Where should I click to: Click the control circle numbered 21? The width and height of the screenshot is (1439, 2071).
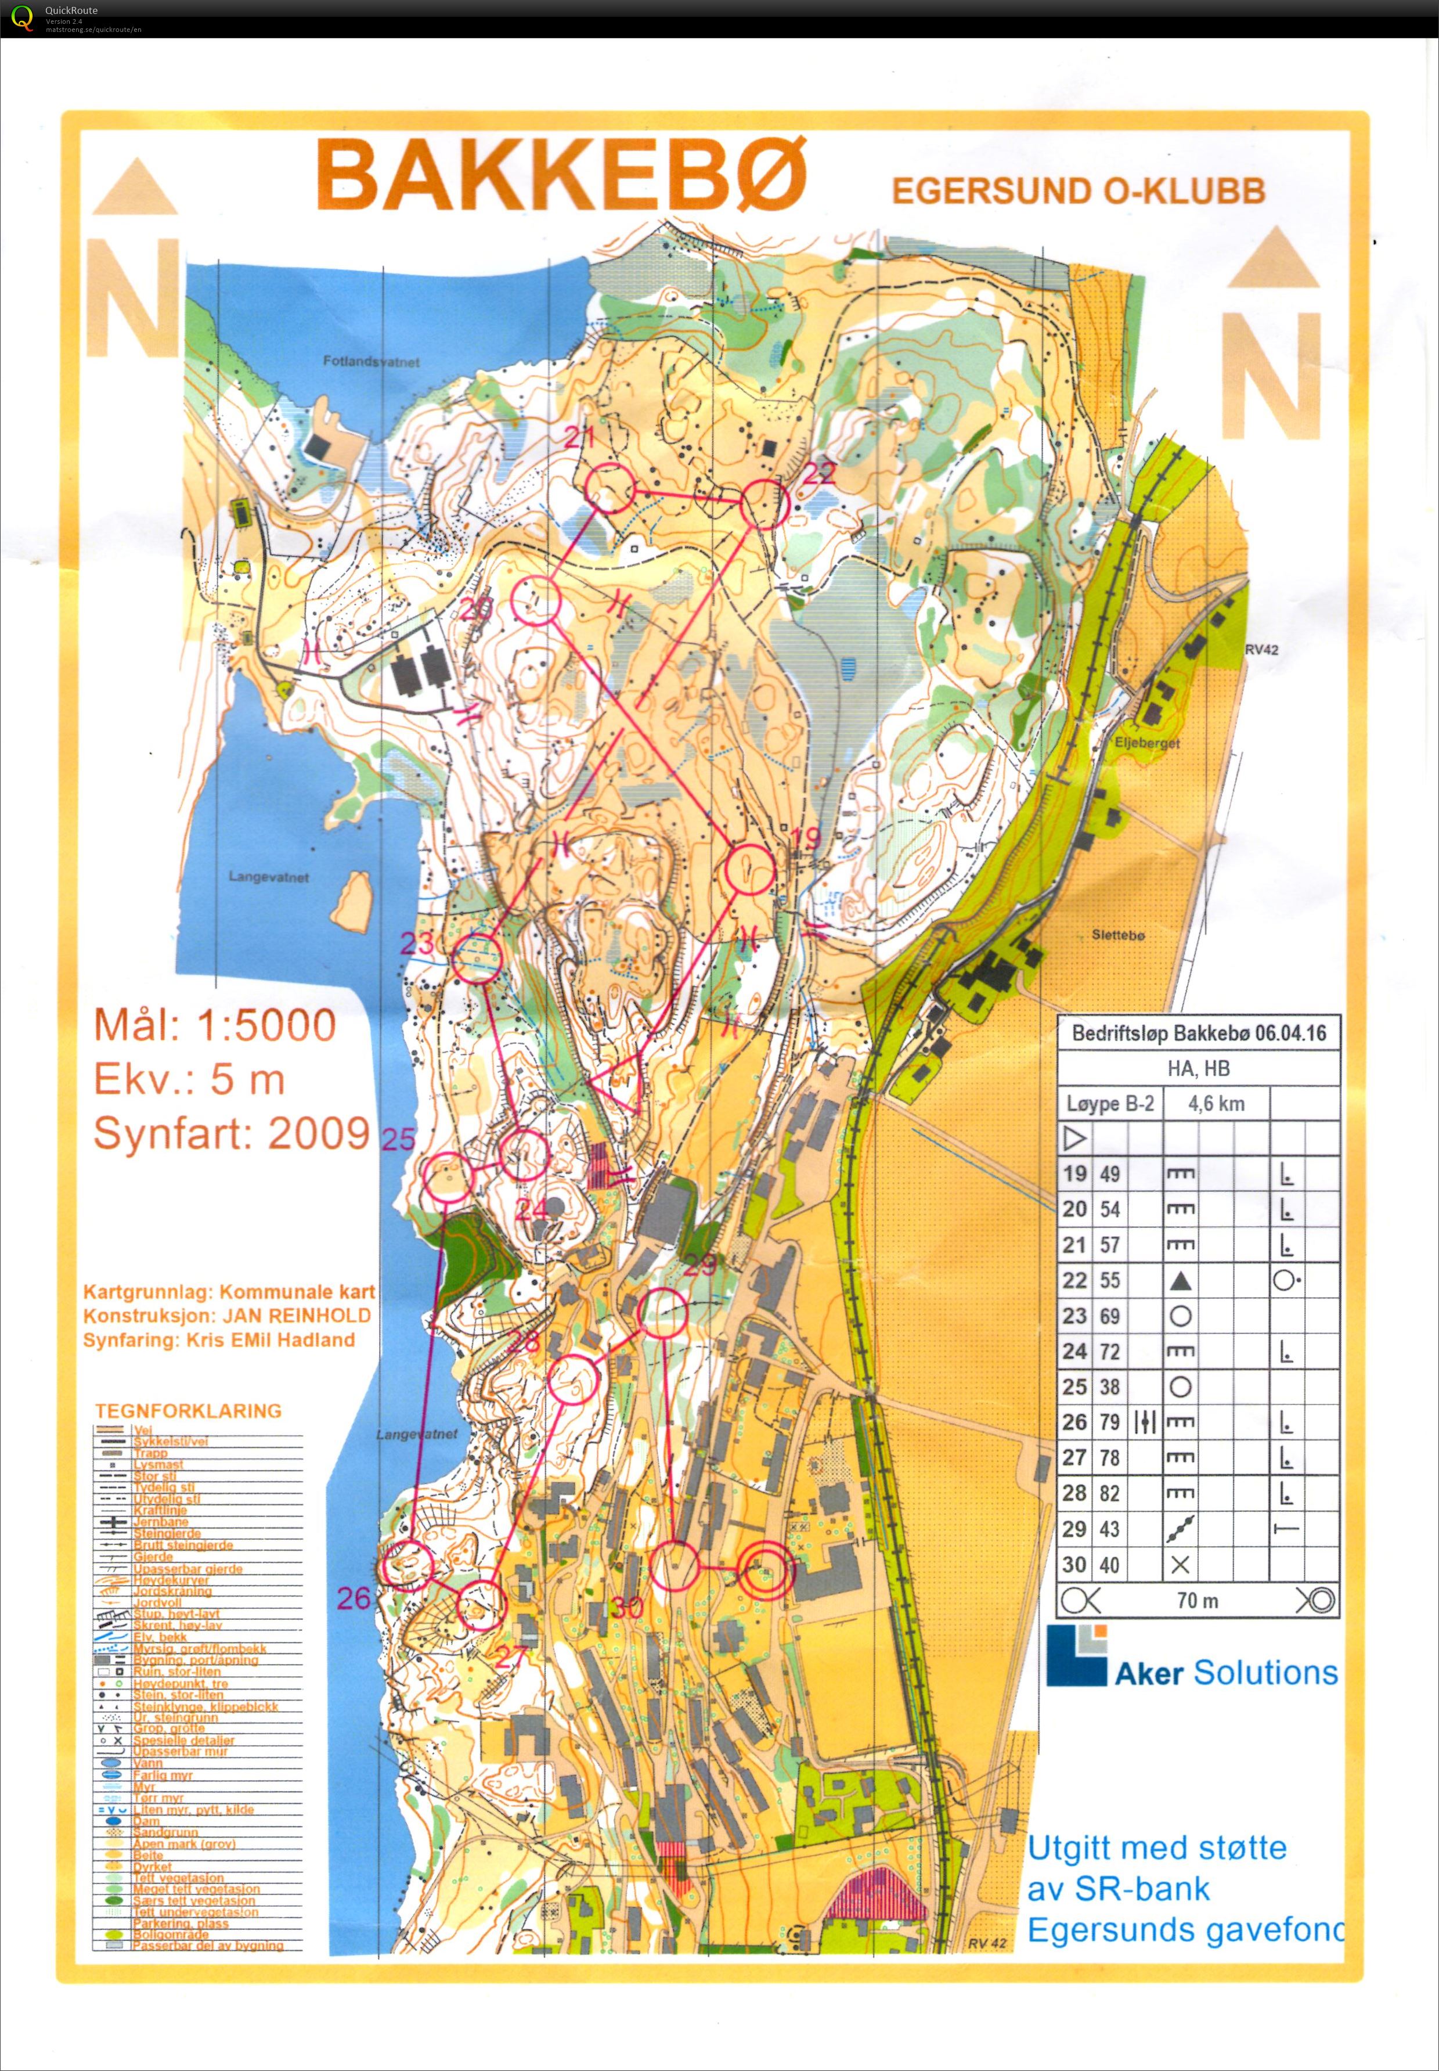[x=609, y=488]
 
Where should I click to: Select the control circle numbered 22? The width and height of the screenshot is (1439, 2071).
[x=764, y=504]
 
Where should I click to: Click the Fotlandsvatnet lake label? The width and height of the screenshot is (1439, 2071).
[x=372, y=362]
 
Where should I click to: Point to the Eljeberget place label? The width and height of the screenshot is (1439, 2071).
[x=1147, y=744]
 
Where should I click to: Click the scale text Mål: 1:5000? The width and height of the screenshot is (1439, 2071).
[x=215, y=1025]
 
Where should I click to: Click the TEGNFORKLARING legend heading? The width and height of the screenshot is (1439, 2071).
[x=189, y=1411]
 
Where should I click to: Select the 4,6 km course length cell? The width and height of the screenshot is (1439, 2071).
[x=1216, y=1104]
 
